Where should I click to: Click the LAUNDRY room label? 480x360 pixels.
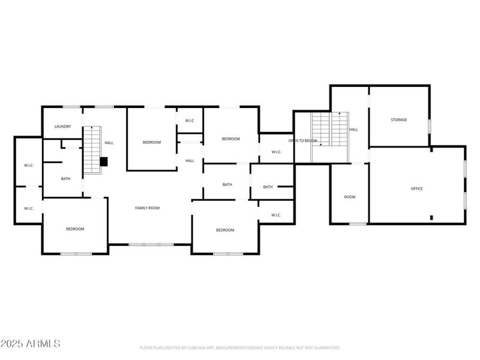click(x=63, y=127)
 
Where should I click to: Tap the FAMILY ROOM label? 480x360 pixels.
click(x=147, y=208)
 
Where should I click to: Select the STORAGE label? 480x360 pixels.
click(x=399, y=120)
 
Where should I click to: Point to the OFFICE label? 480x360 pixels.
click(x=416, y=189)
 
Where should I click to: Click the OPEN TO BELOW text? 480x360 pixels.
click(x=302, y=140)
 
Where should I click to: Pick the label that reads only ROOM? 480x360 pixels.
click(x=349, y=197)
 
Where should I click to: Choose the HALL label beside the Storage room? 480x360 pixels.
click(x=354, y=130)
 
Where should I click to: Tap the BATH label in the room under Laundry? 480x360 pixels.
click(x=65, y=179)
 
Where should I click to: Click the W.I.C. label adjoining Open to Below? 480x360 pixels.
click(x=277, y=152)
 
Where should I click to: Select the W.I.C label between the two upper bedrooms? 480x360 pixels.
click(x=190, y=121)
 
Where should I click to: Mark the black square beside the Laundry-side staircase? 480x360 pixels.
click(x=103, y=161)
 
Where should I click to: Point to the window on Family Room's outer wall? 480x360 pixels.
click(x=151, y=244)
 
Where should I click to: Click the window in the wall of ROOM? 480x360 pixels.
click(x=358, y=224)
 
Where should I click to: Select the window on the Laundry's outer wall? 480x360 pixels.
click(x=72, y=107)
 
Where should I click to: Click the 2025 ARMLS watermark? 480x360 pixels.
click(x=31, y=344)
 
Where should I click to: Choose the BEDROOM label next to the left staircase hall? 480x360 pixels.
click(x=152, y=142)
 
